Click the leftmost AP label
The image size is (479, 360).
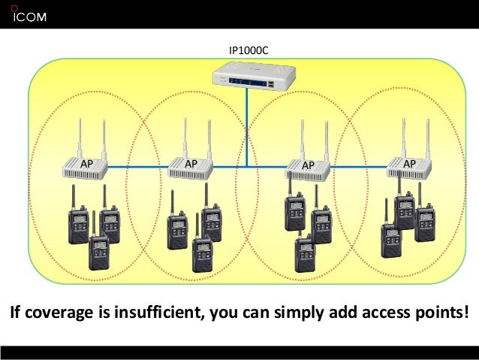point(86,162)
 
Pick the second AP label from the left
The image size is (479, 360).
point(191,162)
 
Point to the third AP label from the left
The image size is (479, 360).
point(307,164)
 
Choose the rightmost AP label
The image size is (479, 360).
point(410,162)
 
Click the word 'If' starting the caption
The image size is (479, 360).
point(14,312)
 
